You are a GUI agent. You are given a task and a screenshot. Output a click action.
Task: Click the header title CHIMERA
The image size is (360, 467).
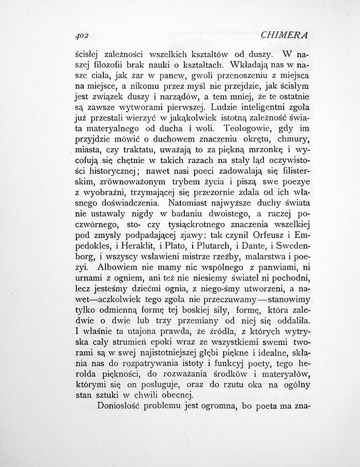[x=285, y=35]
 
